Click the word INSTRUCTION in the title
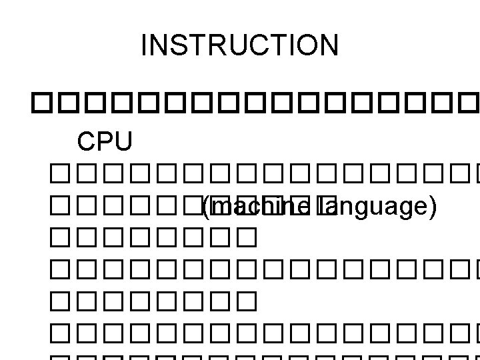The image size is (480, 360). (240, 45)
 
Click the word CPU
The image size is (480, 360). (105, 141)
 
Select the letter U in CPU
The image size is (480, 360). (123, 141)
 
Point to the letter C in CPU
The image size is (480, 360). (87, 141)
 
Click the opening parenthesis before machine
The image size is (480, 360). (205, 209)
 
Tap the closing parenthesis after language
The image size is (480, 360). (434, 209)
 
